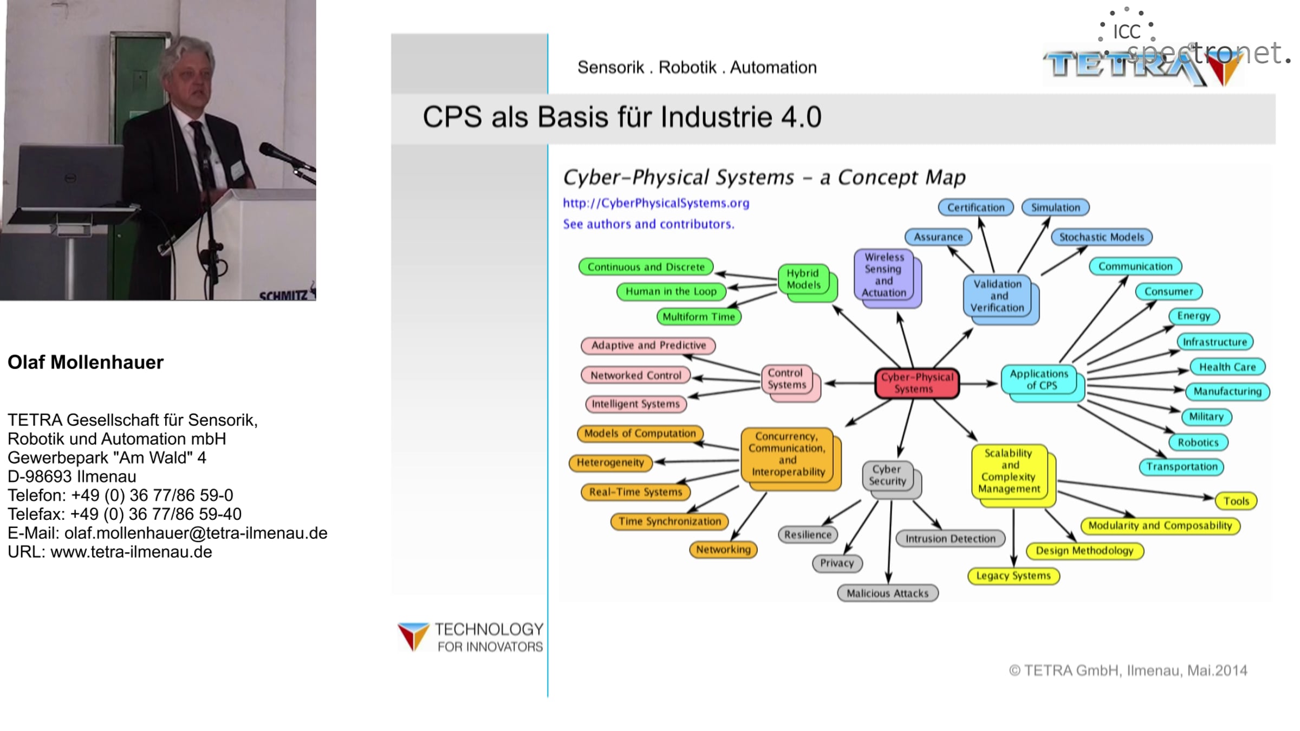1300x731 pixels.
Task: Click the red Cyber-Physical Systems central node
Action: pos(917,383)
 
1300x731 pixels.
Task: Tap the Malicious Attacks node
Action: pos(887,593)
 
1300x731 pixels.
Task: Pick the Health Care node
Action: pos(1227,367)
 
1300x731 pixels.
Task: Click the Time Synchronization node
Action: pos(669,521)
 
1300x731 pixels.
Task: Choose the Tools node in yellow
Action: pos(1236,501)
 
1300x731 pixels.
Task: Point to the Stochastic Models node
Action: pos(1101,237)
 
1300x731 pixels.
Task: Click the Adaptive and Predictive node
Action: pos(648,345)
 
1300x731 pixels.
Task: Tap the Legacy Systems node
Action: pos(1013,576)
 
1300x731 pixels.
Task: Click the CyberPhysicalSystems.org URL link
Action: pos(656,203)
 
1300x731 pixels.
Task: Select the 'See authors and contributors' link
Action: pos(648,224)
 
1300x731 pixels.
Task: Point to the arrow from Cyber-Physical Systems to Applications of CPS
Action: pos(978,383)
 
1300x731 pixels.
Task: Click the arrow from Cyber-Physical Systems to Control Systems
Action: pos(850,383)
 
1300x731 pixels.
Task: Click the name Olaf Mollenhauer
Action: pos(86,362)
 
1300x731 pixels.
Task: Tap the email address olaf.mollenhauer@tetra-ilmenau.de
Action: pos(196,533)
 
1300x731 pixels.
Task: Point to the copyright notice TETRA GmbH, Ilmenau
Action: pos(1128,670)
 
